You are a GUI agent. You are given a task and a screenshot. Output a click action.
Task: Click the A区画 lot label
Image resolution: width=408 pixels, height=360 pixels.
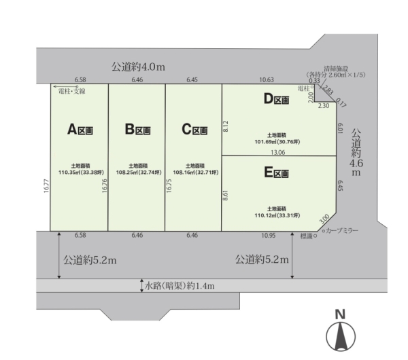80,129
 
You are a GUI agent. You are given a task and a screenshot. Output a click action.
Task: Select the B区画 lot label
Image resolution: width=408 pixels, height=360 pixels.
137,129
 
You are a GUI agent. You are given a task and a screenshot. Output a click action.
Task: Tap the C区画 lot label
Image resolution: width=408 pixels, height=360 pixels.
194,129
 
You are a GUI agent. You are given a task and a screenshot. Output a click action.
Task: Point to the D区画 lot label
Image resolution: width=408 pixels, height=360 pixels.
276,98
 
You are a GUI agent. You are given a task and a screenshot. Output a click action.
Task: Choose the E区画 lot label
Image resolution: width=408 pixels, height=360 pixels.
276,173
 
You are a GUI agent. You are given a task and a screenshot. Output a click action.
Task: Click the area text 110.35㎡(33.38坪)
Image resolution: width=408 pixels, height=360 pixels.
81,173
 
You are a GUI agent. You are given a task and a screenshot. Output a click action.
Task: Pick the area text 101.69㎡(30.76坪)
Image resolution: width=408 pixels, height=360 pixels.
277,142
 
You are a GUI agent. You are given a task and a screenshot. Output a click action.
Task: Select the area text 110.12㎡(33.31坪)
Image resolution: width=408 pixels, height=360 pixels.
277,215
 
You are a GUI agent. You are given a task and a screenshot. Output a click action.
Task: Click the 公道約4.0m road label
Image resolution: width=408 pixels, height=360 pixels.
138,67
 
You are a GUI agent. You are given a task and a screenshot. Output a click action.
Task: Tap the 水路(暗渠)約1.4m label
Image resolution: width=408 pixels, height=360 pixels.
180,286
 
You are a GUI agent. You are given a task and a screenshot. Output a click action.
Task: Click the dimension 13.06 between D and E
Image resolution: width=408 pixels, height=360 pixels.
278,152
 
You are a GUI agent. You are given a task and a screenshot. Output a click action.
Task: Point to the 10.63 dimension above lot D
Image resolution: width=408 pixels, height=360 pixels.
267,79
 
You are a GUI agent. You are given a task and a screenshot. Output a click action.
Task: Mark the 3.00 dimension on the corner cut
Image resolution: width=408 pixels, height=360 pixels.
324,219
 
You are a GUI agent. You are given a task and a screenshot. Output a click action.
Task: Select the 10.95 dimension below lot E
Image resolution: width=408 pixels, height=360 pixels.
269,235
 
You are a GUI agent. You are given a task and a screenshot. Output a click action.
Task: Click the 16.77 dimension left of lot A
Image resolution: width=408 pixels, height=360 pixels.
46,186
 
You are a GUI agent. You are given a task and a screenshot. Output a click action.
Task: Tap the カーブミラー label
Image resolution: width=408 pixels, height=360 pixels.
342,230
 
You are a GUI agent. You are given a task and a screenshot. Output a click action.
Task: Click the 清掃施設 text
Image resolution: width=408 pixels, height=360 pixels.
336,69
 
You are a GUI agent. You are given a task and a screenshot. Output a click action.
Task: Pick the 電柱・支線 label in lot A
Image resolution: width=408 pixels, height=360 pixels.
72,91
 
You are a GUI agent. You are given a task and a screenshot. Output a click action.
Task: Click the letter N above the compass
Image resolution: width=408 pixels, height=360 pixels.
340,314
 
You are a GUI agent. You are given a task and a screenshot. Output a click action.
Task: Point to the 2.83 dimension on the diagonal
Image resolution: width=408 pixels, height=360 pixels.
328,90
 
